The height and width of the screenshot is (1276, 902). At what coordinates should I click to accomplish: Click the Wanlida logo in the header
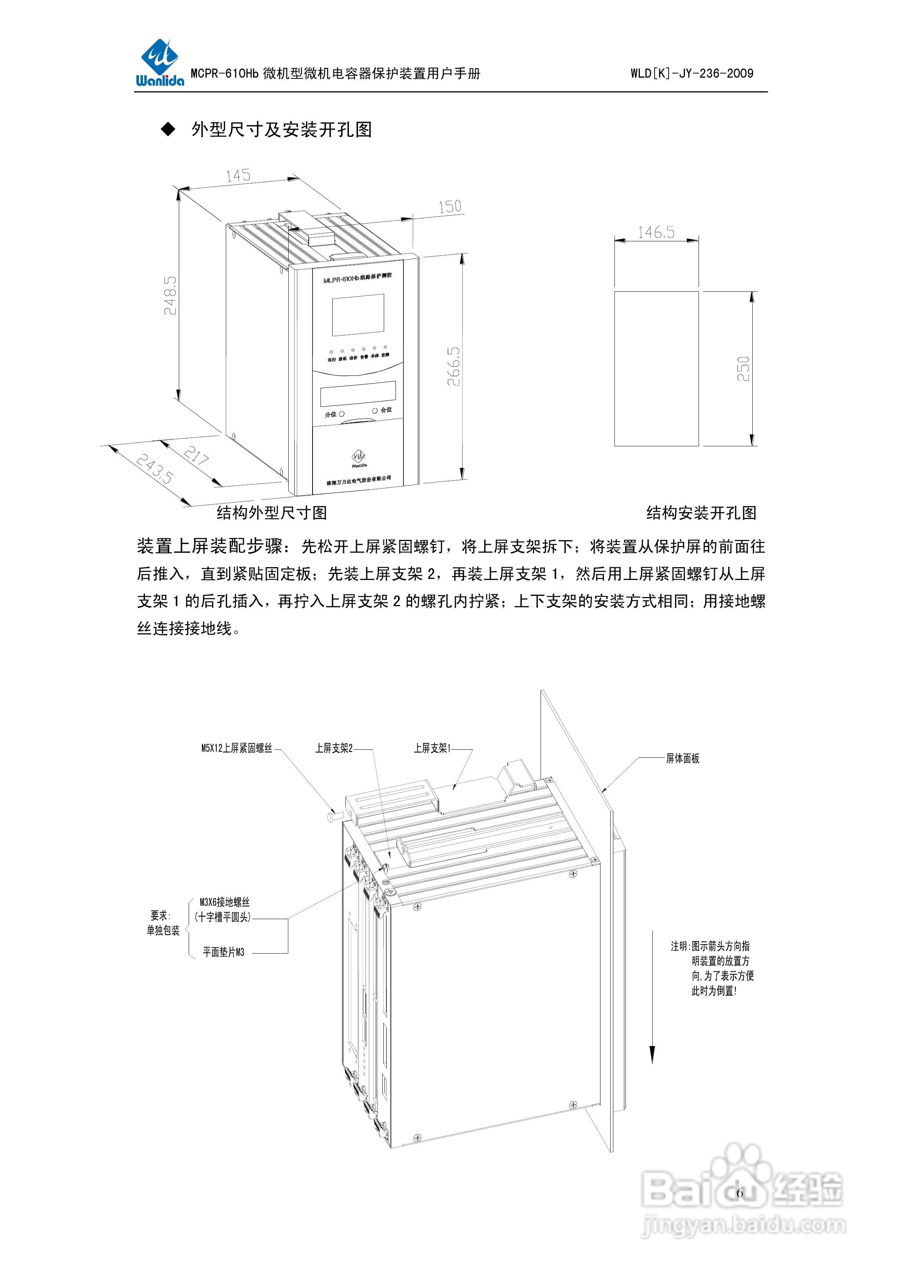click(x=159, y=62)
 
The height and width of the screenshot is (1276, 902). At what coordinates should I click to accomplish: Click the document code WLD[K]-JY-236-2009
click(x=692, y=73)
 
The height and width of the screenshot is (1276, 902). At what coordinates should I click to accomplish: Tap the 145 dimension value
click(x=238, y=176)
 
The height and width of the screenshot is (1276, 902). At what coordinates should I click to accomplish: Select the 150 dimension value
click(x=450, y=207)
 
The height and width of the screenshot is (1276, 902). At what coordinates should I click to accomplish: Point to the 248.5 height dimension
click(x=170, y=296)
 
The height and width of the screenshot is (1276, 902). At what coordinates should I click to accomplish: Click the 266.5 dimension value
click(x=454, y=366)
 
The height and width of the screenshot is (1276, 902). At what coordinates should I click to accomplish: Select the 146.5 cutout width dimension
click(x=656, y=232)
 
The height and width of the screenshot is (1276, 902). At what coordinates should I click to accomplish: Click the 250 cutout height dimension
click(x=743, y=369)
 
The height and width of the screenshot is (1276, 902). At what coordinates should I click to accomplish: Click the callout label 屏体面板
click(x=683, y=758)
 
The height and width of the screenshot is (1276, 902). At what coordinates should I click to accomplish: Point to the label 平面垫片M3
click(x=224, y=952)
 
